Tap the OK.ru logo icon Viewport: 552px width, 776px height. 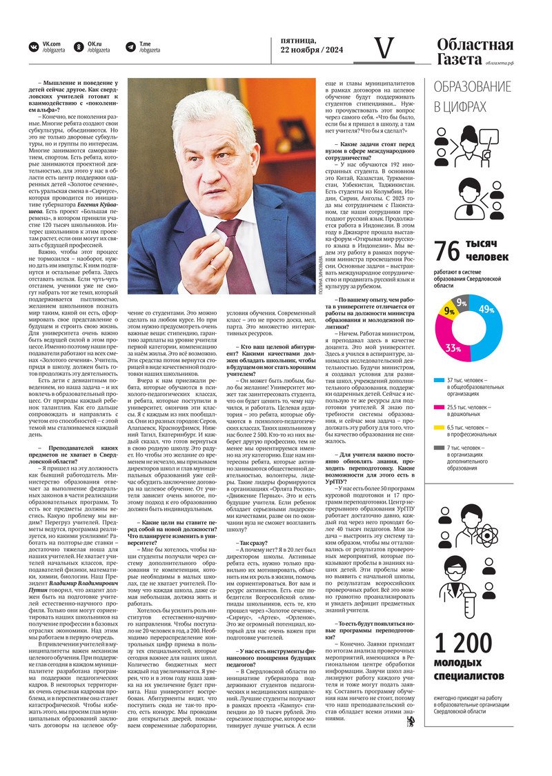pyautogui.click(x=78, y=46)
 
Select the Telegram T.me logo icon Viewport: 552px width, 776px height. pyautogui.click(x=130, y=46)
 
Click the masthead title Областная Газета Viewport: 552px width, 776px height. pyautogui.click(x=475, y=52)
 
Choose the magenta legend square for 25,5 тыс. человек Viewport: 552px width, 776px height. pyautogui.click(x=438, y=408)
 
